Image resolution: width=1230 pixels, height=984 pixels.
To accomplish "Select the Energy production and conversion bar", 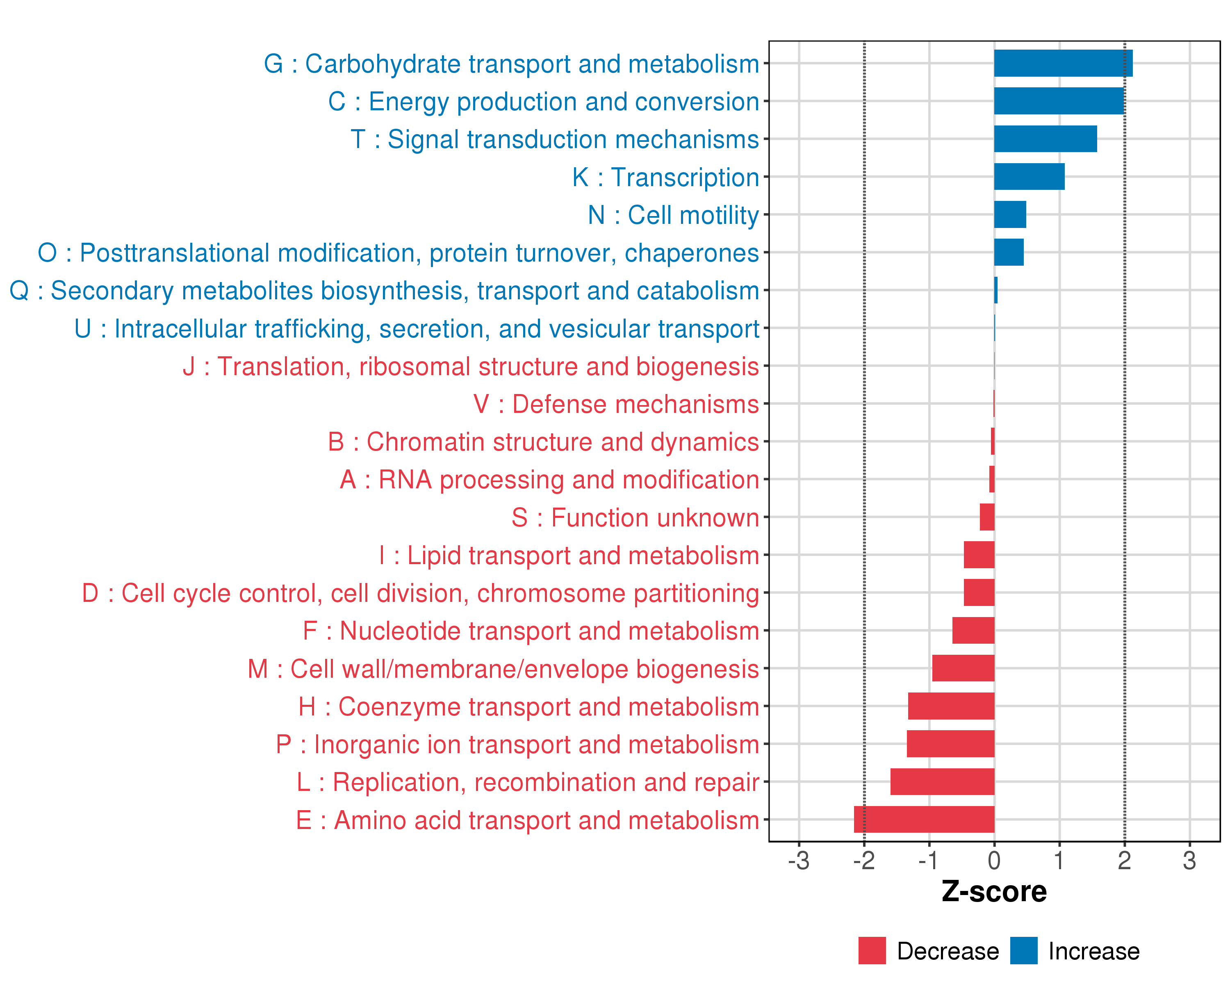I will tap(1059, 101).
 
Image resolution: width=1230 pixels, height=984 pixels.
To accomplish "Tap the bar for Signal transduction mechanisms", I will tap(1045, 139).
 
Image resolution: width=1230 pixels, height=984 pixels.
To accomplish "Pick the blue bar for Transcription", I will tap(1029, 177).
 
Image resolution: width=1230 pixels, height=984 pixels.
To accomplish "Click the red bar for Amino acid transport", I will tap(924, 820).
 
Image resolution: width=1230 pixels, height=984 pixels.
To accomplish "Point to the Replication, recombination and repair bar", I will tap(943, 782).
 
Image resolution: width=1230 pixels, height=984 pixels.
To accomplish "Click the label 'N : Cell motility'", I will tap(673, 216).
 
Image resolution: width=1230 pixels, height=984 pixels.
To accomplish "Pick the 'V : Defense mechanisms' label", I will tap(616, 404).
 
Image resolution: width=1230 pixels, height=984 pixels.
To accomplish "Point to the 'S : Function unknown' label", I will tap(635, 518).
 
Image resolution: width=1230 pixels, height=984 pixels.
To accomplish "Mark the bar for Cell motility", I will tap(1010, 214).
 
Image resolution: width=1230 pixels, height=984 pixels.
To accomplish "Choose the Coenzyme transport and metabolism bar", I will tap(951, 706).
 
